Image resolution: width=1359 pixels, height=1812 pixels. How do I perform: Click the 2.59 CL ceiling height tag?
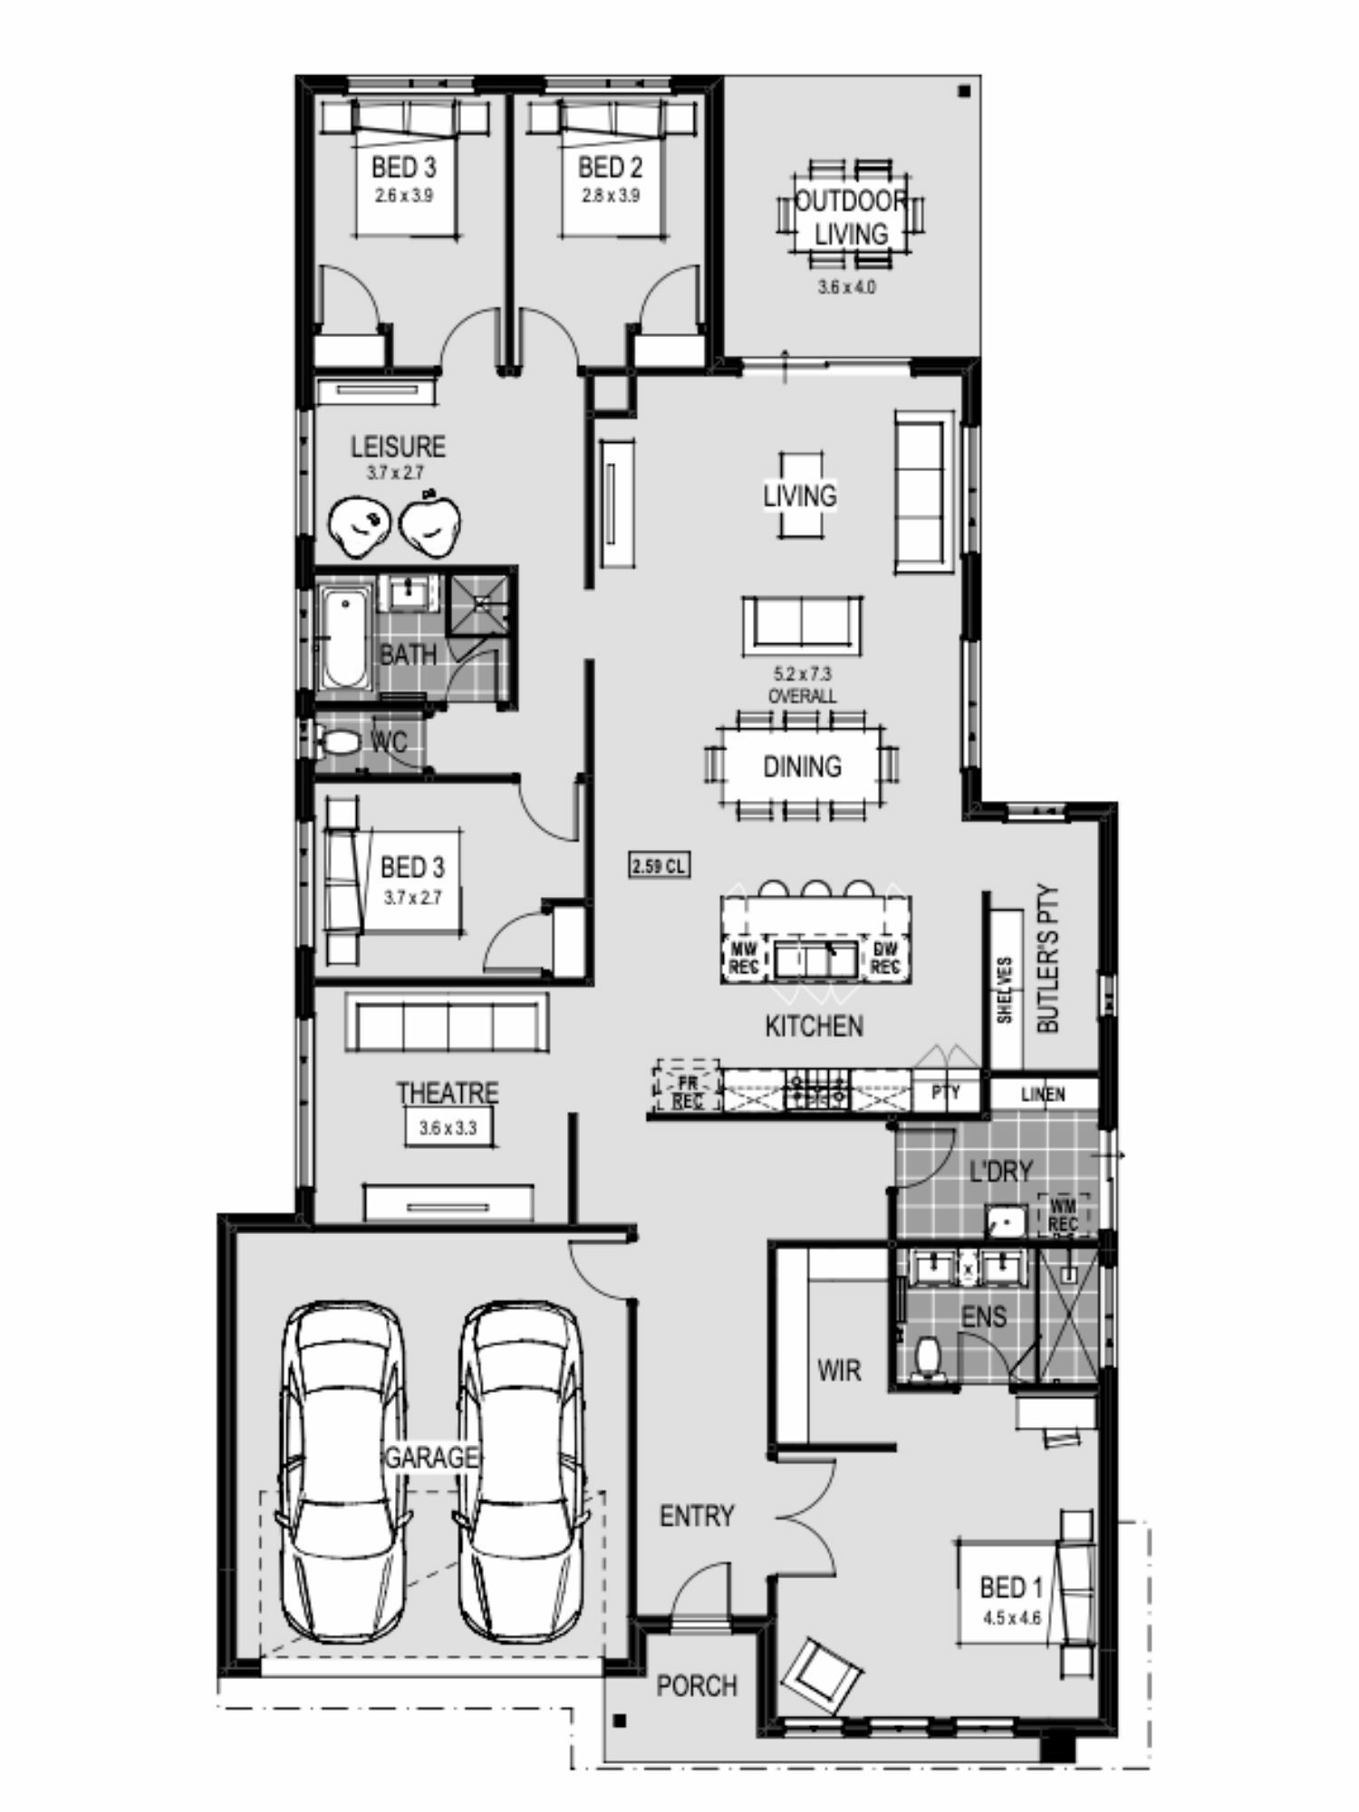coord(660,866)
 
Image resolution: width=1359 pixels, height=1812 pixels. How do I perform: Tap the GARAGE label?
coord(431,1458)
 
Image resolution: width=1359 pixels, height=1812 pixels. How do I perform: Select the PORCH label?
coord(697,1686)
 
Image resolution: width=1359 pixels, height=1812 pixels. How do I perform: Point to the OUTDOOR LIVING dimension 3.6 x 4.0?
coord(847,288)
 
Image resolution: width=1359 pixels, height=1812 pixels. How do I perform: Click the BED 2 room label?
coord(610,168)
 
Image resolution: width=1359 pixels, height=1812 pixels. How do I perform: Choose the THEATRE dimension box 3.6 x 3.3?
coord(448,1129)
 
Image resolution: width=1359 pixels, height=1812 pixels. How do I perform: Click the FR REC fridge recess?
coord(687,1084)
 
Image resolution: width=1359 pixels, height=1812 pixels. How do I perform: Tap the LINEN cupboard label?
coord(1043,1094)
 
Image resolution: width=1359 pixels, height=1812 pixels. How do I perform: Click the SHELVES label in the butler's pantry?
coord(1004,991)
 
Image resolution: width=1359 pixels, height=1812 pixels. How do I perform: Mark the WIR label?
coord(839,1371)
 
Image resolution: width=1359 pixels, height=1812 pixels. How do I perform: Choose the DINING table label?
coord(802,766)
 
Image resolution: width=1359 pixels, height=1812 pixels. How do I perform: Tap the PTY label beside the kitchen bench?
coord(945,1094)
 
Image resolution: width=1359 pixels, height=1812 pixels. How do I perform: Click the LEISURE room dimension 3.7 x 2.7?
coord(394,472)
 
